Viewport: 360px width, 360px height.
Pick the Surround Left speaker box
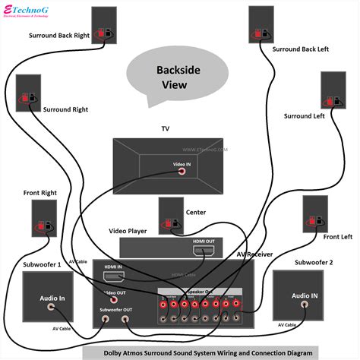coord(333,91)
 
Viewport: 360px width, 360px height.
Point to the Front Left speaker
coord(314,215)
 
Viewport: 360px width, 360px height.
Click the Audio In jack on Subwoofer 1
coord(52,308)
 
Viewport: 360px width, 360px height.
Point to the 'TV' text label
coord(165,129)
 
